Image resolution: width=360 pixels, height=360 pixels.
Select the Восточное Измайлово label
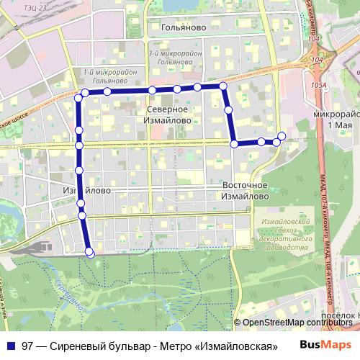pos(246,190)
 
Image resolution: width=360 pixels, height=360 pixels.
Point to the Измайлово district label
pos(86,190)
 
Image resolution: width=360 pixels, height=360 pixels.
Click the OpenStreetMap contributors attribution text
pos(297,323)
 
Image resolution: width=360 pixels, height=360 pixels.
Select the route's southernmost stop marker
pos(90,252)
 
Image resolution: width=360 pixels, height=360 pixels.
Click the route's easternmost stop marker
pos(282,136)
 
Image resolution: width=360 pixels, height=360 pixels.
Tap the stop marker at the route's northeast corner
pos(223,86)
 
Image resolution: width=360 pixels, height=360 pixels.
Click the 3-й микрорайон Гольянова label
pos(170,58)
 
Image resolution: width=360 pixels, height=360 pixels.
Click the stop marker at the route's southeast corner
pos(235,144)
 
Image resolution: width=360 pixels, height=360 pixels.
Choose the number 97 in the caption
pos(28,346)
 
